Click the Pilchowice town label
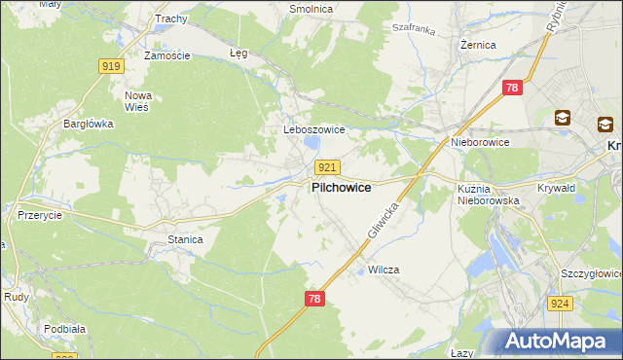pos(340,188)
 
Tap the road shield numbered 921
pos(327,167)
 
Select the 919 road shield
pos(111,66)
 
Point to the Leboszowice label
pos(309,129)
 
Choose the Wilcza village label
pos(384,270)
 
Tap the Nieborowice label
pos(480,142)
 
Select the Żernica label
pos(478,45)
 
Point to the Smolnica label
pos(311,9)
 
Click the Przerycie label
pos(40,215)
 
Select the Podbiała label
pos(64,329)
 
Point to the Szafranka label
pos(414,30)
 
